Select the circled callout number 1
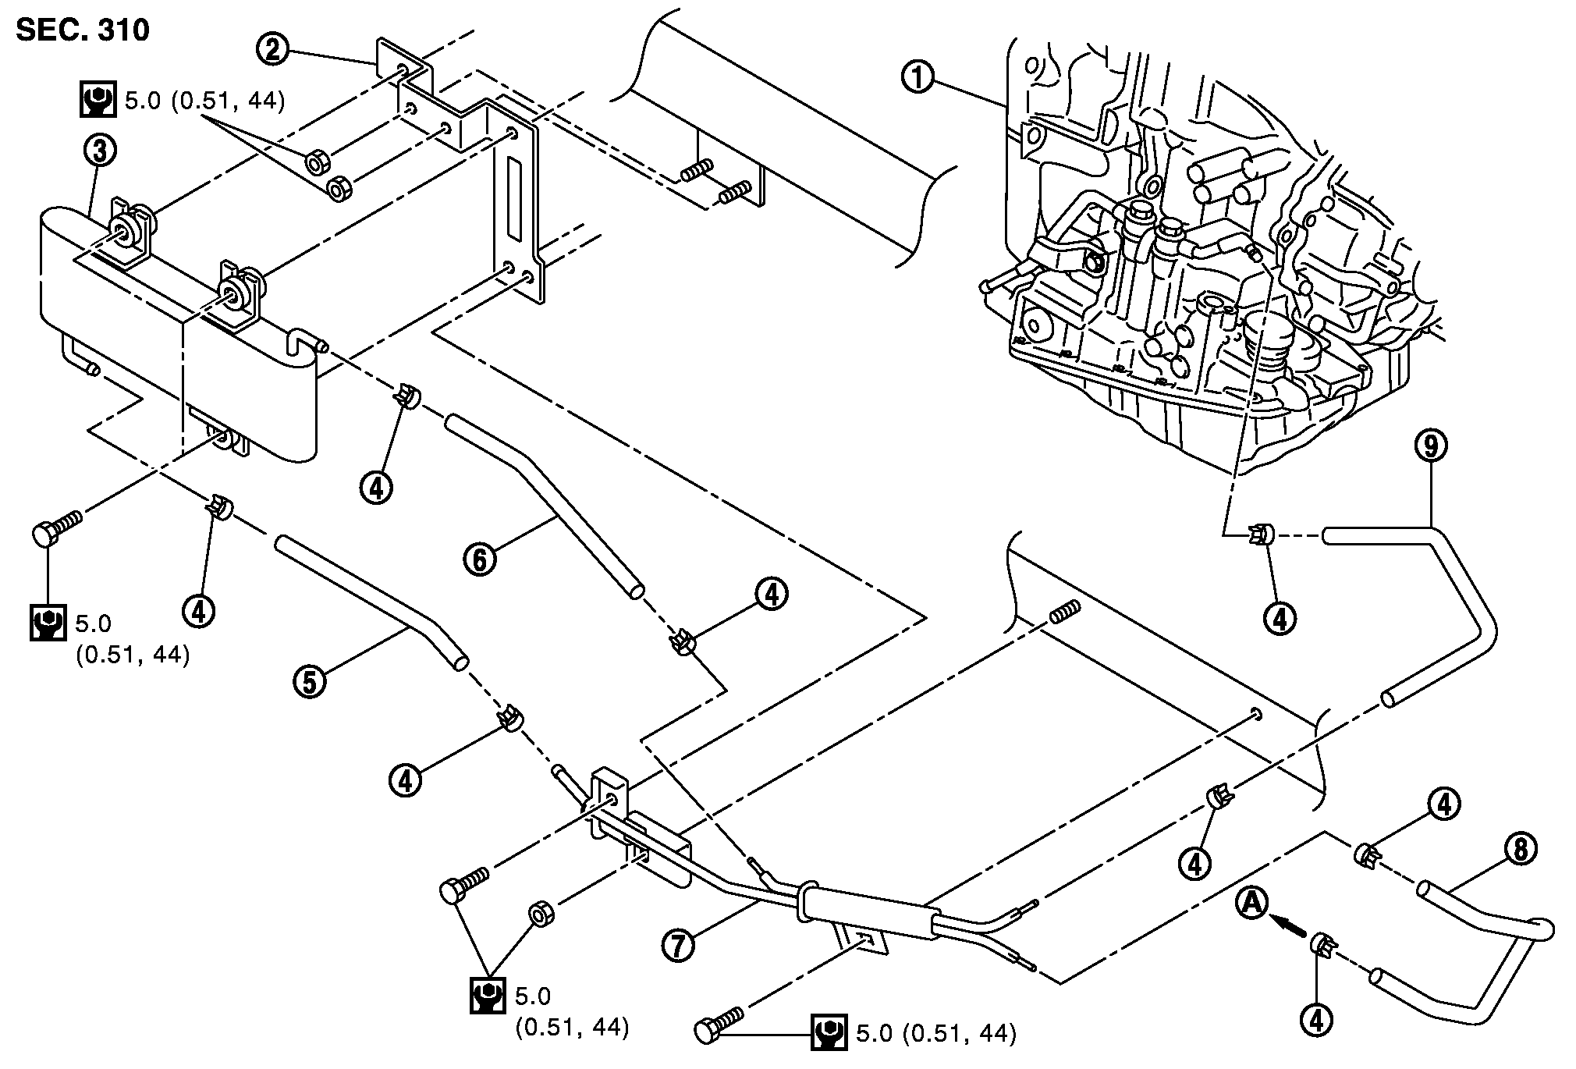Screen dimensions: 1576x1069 [x=918, y=79]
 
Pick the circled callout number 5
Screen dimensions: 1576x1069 [x=310, y=681]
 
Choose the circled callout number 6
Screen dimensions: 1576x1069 [x=480, y=559]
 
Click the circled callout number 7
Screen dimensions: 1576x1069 [x=678, y=945]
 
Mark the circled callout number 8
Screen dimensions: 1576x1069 [x=1519, y=850]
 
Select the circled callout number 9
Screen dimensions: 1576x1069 [x=1430, y=446]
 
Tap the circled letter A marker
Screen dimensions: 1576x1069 [x=1252, y=904]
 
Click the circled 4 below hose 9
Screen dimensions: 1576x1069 [x=1280, y=618]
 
